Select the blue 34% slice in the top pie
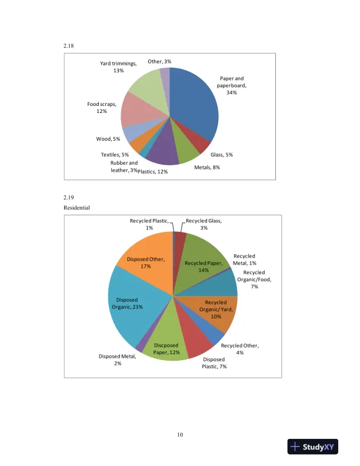point(194,106)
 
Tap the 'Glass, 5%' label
point(222,155)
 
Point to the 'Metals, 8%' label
point(207,167)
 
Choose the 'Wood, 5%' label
point(108,139)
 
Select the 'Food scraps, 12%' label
point(102,108)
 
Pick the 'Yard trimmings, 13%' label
point(118,67)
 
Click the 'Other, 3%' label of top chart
point(159,61)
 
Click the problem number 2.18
point(69,45)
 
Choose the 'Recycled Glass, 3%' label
point(204,224)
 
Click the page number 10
point(180,435)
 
